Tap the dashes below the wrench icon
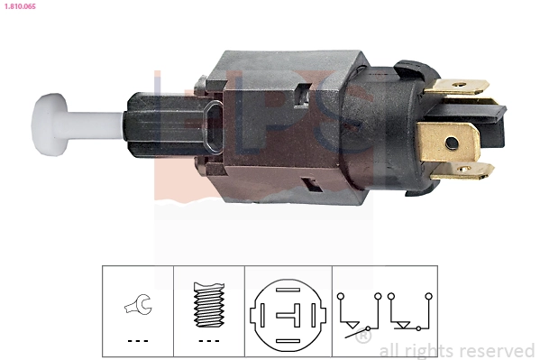137,341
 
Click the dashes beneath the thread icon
207,341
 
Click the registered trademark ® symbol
362,337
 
